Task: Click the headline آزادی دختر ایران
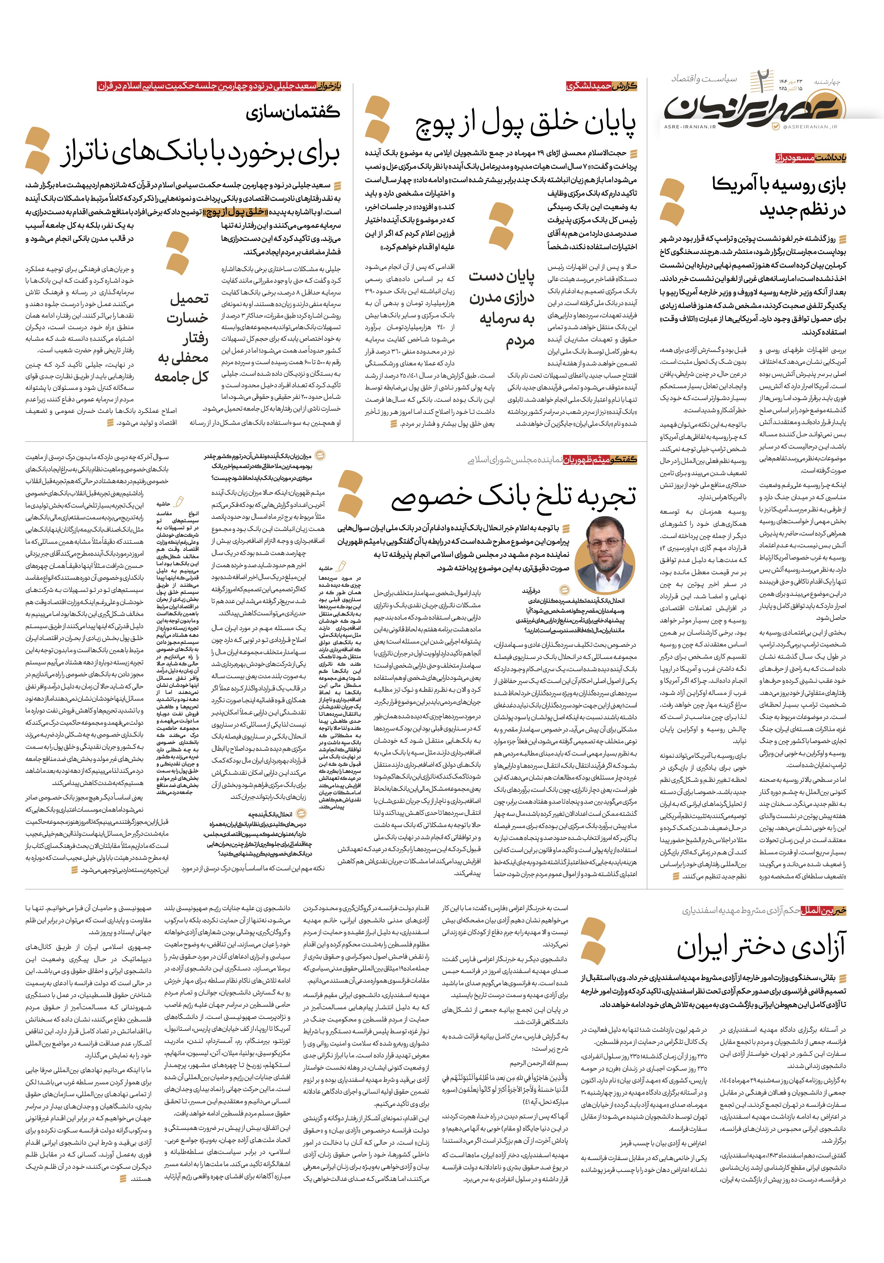pyautogui.click(x=761, y=947)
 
